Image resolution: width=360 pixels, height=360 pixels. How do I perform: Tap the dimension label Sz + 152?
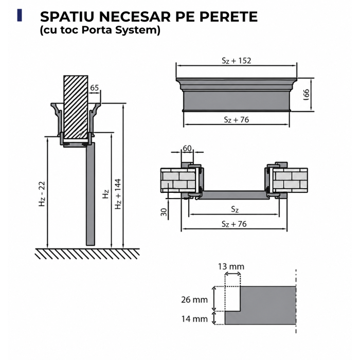(x=236, y=60)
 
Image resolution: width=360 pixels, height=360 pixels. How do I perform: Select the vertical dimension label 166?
(x=307, y=95)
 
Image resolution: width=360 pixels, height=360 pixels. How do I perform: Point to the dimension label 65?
(x=94, y=87)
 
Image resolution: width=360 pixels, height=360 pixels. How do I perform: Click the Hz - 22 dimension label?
(x=42, y=194)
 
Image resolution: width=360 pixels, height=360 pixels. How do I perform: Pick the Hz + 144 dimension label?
(x=118, y=194)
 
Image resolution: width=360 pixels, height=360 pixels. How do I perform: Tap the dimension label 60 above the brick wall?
(x=187, y=148)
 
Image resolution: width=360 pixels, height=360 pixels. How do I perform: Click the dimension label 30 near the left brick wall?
(x=164, y=212)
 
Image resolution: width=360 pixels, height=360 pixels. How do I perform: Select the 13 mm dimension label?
(x=231, y=266)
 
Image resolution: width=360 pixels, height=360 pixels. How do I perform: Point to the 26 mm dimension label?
(x=194, y=300)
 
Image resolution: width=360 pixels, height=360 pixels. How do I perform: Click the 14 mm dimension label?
(x=194, y=319)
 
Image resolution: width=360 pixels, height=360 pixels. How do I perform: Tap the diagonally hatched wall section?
(x=76, y=107)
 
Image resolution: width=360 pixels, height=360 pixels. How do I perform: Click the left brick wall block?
(x=178, y=181)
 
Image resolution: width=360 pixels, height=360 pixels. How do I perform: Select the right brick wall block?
(x=290, y=181)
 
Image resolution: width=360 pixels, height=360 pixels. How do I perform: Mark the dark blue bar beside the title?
(x=20, y=15)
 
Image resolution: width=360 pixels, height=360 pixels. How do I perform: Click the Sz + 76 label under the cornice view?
(x=236, y=120)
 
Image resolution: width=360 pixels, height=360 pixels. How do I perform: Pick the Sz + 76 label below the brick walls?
(x=234, y=224)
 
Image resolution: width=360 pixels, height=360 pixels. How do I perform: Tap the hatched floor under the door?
(x=87, y=254)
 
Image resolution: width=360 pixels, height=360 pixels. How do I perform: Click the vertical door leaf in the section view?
(x=90, y=194)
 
